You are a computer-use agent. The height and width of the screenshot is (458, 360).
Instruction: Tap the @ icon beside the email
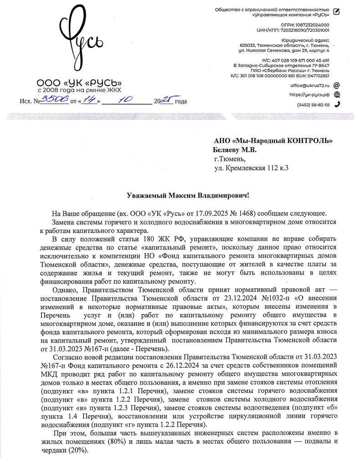click(337, 85)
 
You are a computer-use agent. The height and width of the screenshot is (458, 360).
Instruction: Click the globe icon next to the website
click(337, 95)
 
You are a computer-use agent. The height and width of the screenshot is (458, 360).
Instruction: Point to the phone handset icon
click(337, 104)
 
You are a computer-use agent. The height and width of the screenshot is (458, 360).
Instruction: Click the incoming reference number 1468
click(245, 213)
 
